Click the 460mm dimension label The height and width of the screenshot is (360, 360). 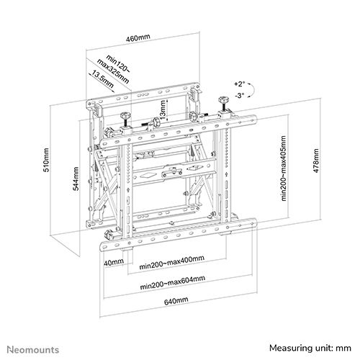(138, 37)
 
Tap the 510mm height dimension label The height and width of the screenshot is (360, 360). (46, 160)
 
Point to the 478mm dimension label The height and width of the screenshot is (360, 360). (316, 161)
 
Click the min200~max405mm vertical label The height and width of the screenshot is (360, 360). (284, 168)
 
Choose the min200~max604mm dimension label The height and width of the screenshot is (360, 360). (173, 283)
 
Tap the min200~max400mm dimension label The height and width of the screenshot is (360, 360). (172, 263)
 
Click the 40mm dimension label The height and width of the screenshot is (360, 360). (114, 262)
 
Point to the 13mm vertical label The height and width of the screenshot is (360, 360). (163, 109)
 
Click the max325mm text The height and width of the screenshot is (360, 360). (113, 71)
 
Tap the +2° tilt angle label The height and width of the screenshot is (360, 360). (240, 84)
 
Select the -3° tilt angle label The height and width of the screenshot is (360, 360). (240, 96)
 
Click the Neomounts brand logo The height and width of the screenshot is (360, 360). (33, 349)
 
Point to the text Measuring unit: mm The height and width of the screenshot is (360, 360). (310, 348)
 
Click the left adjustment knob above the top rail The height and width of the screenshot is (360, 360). (125, 115)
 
